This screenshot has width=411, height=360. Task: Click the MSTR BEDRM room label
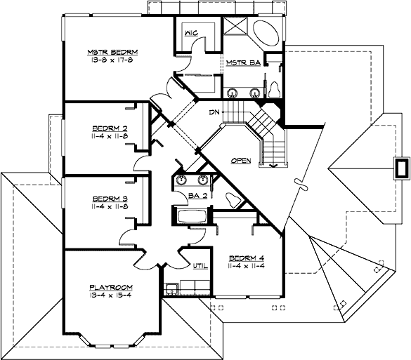coord(112,53)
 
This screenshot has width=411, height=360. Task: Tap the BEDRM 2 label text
coord(109,128)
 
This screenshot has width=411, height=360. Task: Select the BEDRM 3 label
coord(109,200)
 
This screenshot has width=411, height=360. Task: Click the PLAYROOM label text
coord(111,288)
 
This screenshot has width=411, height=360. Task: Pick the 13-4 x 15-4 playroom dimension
coord(111,296)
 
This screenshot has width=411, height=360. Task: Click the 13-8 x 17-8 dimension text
coord(112,61)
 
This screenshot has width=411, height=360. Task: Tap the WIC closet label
coord(190,33)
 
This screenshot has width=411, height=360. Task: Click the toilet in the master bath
coord(275,90)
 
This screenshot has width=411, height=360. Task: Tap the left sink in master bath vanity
coord(232,92)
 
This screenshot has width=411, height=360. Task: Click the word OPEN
coord(241,161)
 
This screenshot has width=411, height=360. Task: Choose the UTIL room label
coord(200,266)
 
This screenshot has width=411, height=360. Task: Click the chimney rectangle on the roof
coord(402,169)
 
